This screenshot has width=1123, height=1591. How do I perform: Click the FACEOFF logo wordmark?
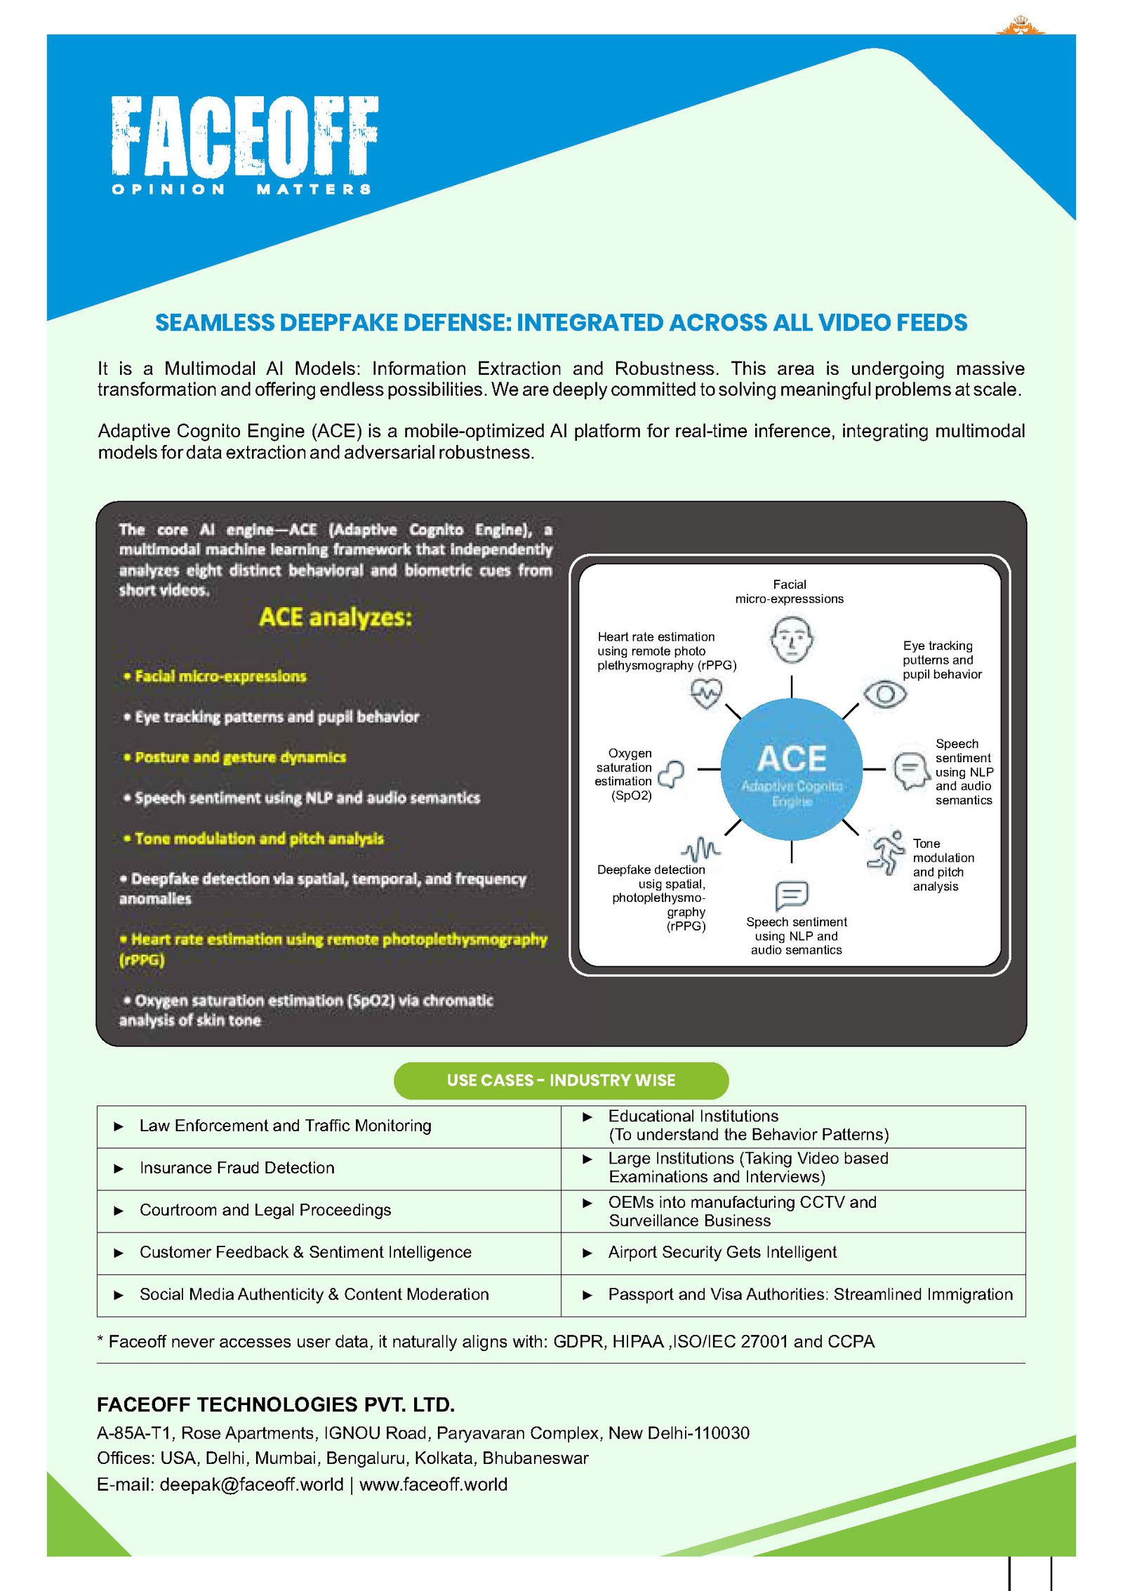coord(244,136)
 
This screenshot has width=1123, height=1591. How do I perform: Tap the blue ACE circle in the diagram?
coord(791,769)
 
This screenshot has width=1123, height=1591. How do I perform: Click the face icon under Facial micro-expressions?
coord(792,639)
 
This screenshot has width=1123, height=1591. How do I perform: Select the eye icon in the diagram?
coord(884,694)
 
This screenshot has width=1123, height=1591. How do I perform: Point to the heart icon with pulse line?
coord(705,693)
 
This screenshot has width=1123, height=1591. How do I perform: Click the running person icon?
coord(886,851)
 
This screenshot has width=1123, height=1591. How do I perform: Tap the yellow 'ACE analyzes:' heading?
coord(335,618)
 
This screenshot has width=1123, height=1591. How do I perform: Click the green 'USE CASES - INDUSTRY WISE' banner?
coord(561,1080)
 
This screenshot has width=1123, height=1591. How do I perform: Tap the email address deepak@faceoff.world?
coord(251,1484)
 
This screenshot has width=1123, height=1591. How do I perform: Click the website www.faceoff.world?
coord(433,1484)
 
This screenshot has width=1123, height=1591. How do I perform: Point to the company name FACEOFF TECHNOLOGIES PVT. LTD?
coord(276,1404)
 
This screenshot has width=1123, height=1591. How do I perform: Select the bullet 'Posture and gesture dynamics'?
coord(240,757)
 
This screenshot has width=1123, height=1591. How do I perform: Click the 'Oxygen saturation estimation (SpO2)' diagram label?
coord(624,774)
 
